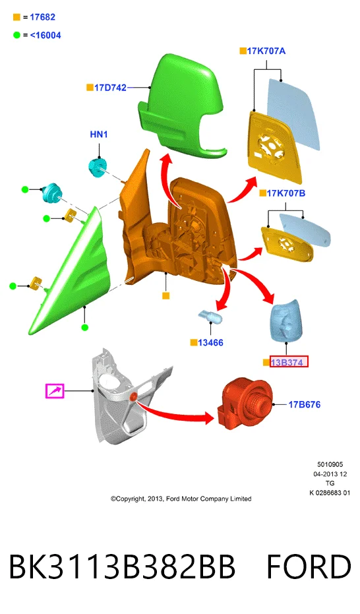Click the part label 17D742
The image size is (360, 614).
(x=110, y=88)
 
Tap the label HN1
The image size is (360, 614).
(x=99, y=135)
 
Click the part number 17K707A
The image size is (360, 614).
(x=266, y=51)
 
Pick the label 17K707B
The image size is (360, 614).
(x=286, y=193)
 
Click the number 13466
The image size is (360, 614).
(x=210, y=343)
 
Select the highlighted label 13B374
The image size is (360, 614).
(x=289, y=362)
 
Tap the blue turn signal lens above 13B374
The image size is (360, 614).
(x=287, y=321)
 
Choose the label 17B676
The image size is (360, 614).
(x=305, y=404)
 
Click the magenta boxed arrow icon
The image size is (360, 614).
(x=55, y=391)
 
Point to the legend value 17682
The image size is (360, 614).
(x=43, y=17)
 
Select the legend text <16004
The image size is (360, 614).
(x=45, y=35)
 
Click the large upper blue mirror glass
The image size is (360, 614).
(x=293, y=113)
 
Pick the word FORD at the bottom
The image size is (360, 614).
(x=309, y=567)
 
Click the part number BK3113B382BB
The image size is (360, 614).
(x=122, y=567)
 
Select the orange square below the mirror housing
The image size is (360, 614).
(x=166, y=296)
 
